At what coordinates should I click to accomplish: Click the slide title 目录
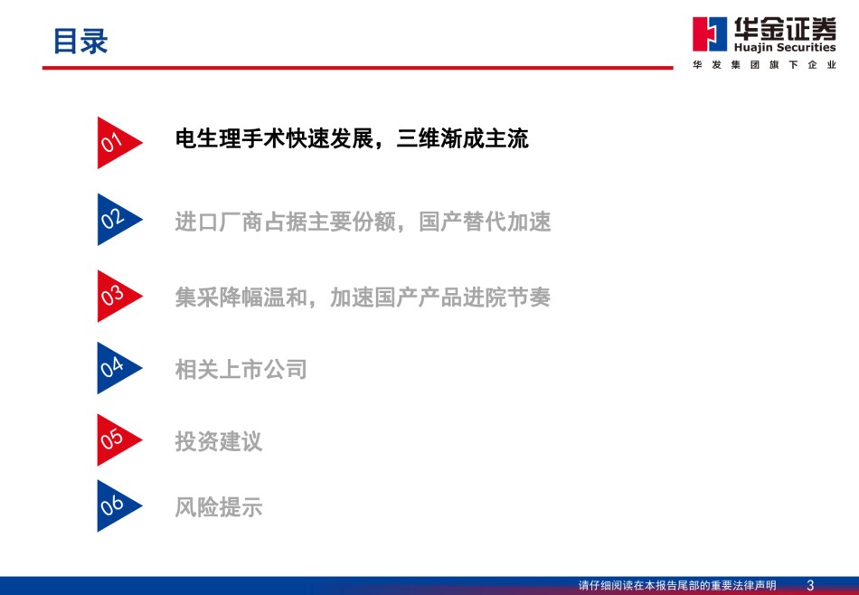pos(80,41)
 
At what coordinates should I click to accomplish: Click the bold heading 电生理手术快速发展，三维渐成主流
pos(352,138)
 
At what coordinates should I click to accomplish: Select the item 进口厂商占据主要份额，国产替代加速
pos(363,222)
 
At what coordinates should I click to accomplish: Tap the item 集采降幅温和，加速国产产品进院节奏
pos(363,297)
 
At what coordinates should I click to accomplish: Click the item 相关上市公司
pos(241,369)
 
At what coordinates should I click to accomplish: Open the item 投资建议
pos(219,441)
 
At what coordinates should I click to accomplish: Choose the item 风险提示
pos(219,506)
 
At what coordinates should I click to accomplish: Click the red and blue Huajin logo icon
pos(710,34)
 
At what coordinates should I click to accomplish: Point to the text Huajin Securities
pos(785,48)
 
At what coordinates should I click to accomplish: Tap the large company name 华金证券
pos(785,29)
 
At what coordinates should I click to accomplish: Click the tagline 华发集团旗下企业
pos(764,64)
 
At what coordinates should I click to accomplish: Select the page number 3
pos(811,586)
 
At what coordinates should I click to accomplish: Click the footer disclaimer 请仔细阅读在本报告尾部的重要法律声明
pos(677,586)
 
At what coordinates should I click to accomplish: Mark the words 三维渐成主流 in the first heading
pos(463,138)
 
